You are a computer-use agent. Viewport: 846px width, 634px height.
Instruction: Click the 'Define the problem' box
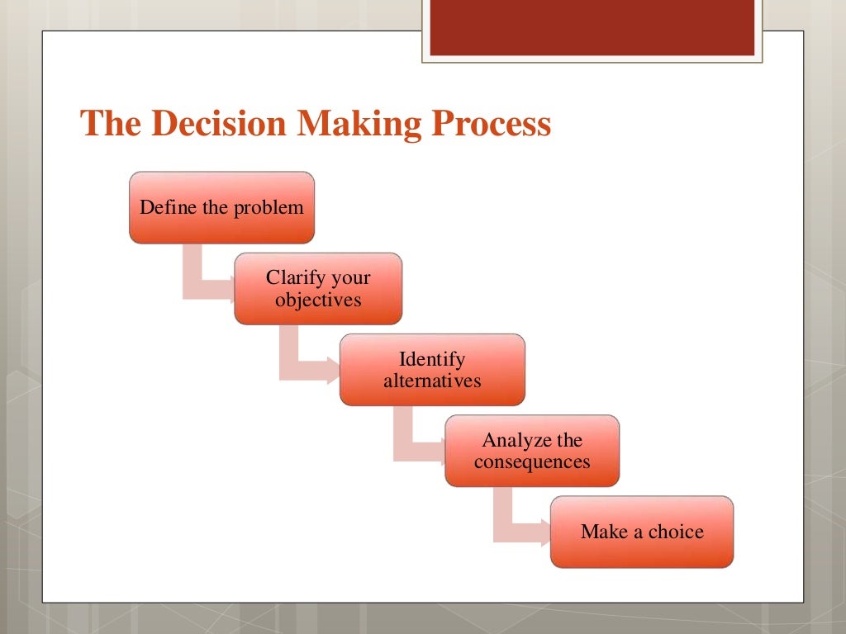[x=221, y=207]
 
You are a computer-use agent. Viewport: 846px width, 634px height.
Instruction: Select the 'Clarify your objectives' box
[x=318, y=289]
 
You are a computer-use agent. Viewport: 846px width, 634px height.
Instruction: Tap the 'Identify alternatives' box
[x=432, y=370]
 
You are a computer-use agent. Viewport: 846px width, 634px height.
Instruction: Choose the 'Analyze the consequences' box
[x=532, y=451]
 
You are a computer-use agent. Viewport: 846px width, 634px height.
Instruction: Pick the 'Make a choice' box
[x=642, y=532]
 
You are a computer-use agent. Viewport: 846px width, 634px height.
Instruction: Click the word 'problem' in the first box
[x=268, y=207]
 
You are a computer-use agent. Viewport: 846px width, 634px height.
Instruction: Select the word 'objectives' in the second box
[x=318, y=300]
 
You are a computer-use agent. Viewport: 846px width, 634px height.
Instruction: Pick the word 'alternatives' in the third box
[x=432, y=381]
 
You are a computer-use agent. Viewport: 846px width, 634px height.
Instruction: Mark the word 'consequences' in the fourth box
[x=532, y=461]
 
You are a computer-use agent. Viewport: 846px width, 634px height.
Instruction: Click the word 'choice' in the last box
[x=676, y=532]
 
